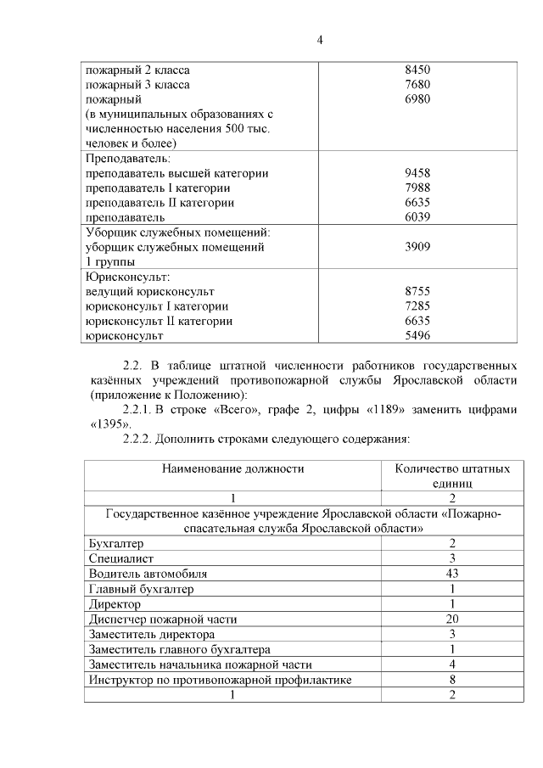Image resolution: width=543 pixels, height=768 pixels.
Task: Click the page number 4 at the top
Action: point(320,39)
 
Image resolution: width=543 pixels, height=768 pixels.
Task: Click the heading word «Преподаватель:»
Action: point(128,159)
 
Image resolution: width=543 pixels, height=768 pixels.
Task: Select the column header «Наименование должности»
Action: point(232,468)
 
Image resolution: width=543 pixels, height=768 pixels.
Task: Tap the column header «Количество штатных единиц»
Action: point(452,474)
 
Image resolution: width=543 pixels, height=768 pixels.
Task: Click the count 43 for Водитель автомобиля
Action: point(452,574)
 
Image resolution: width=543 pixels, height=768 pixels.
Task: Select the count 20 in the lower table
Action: point(452,619)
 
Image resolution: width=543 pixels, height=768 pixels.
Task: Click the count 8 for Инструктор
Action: point(452,680)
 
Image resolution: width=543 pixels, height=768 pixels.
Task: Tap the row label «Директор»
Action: point(115,603)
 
